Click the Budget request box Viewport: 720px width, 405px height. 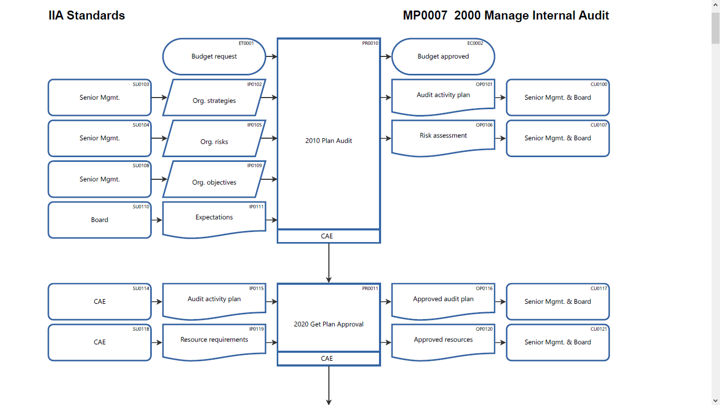[214, 56]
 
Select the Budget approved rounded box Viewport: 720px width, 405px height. [443, 56]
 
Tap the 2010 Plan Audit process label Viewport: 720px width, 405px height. [328, 141]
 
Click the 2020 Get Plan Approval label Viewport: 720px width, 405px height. [328, 324]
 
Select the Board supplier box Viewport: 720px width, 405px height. [100, 220]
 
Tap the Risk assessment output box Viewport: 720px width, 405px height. [443, 137]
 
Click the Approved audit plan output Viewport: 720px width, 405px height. [443, 300]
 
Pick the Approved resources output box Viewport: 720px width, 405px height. [443, 341]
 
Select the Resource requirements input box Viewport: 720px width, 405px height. [214, 341]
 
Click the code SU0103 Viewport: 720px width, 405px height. [141, 84]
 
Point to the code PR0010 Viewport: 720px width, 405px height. [370, 43]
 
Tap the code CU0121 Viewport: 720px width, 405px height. [599, 329]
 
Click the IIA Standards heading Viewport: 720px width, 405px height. [87, 16]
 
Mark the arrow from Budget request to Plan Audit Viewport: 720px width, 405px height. [271, 56]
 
